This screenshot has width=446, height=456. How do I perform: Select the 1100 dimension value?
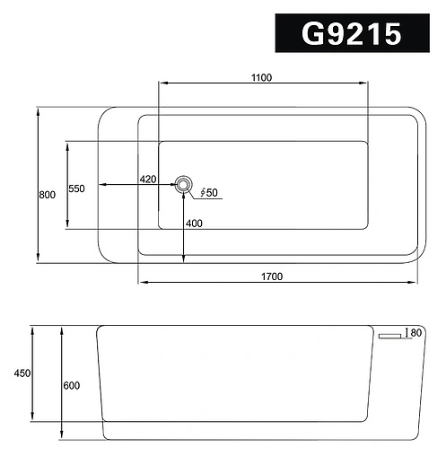pyautogui.click(x=261, y=77)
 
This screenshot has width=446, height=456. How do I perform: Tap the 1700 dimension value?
pyautogui.click(x=272, y=276)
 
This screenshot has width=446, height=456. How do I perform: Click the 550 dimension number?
pyautogui.click(x=76, y=189)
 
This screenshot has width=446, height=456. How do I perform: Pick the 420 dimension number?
pyautogui.click(x=148, y=180)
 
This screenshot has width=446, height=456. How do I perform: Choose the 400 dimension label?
pyautogui.click(x=194, y=223)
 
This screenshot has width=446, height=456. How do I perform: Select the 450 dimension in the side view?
pyautogui.click(x=22, y=373)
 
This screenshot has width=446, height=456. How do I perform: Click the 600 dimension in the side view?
pyautogui.click(x=72, y=386)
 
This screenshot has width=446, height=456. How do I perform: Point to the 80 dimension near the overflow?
pyautogui.click(x=415, y=333)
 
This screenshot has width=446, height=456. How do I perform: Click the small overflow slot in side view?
pyautogui.click(x=390, y=336)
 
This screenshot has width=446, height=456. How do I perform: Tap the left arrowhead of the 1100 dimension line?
pyautogui.click(x=162, y=84)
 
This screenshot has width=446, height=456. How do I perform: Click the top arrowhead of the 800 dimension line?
pyautogui.click(x=39, y=111)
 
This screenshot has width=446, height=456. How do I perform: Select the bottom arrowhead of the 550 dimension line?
pyautogui.click(x=66, y=225)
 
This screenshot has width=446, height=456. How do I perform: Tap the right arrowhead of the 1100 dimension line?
pyautogui.click(x=367, y=84)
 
